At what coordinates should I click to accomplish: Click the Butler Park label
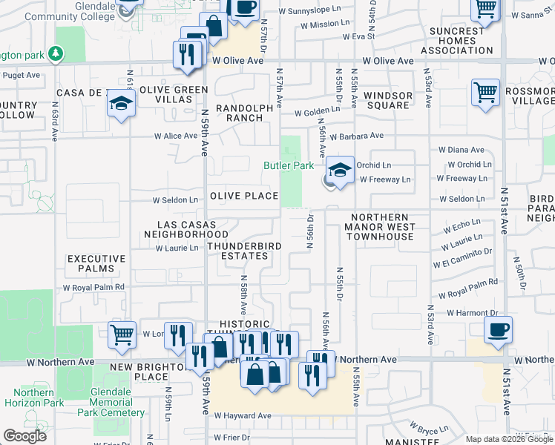(x=289, y=166)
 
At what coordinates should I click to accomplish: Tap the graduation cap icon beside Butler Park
(x=340, y=171)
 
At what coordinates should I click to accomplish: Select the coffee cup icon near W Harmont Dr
(x=498, y=329)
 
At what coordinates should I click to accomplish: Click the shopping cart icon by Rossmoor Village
(x=485, y=93)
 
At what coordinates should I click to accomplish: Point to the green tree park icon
(x=54, y=54)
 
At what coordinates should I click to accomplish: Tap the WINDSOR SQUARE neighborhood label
(x=388, y=100)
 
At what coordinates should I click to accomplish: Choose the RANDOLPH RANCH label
(x=244, y=113)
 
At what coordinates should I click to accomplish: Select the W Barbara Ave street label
(x=356, y=136)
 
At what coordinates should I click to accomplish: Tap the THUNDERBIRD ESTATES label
(x=237, y=251)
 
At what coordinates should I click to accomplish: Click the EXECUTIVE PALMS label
(x=96, y=265)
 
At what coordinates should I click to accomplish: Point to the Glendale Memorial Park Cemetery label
(x=116, y=402)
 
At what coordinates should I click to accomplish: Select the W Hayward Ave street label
(x=243, y=416)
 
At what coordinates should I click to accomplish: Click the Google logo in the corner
(x=25, y=436)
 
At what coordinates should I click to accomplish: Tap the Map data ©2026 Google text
(x=509, y=439)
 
